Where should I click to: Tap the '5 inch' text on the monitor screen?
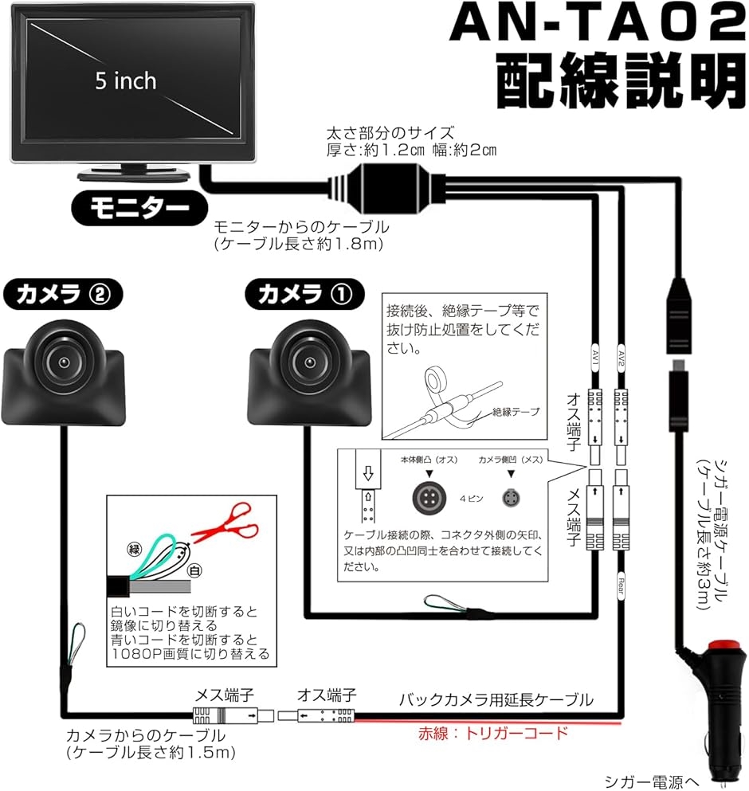(126, 81)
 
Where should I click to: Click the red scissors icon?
(228, 525)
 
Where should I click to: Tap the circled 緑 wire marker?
(133, 548)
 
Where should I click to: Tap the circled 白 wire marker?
(192, 570)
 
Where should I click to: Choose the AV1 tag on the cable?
(595, 351)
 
